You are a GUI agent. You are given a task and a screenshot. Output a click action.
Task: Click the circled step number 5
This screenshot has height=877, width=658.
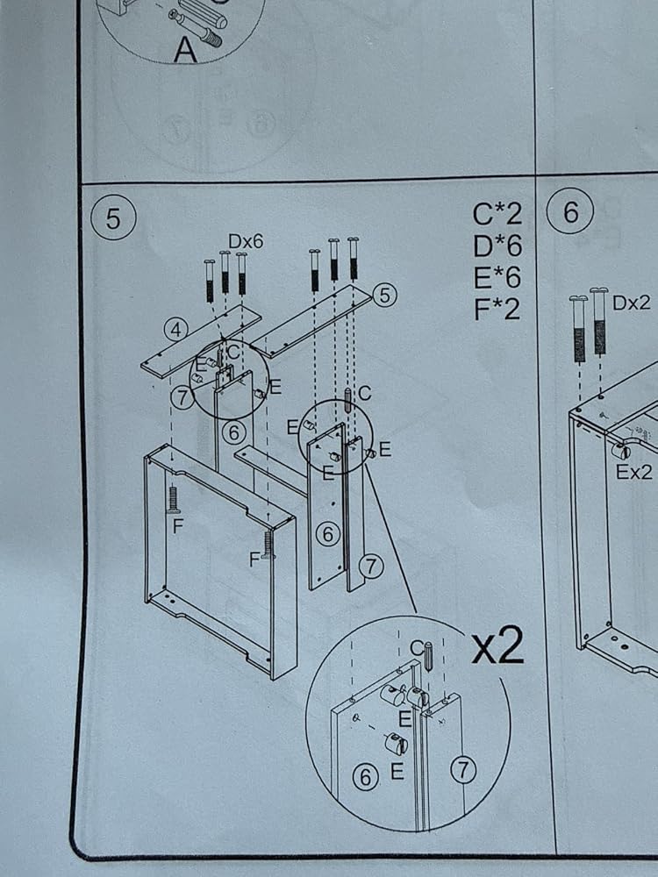pos(113,217)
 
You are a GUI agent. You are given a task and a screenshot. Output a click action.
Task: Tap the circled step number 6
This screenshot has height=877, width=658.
pos(570,210)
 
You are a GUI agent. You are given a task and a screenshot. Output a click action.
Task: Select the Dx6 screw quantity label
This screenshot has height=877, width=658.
pos(246,241)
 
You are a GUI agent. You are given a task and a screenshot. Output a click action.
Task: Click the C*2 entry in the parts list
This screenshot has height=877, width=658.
pos(497,214)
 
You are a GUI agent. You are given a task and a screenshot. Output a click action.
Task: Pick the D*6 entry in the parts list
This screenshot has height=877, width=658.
pos(497,246)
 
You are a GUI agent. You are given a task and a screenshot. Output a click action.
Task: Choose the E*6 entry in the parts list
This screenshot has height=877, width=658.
pos(497,277)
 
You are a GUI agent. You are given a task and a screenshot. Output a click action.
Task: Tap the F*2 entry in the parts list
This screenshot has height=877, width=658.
pos(497,309)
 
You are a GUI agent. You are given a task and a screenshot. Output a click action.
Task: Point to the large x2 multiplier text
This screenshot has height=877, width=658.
pos(497,645)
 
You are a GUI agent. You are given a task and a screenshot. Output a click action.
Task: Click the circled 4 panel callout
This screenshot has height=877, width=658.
pos(175,330)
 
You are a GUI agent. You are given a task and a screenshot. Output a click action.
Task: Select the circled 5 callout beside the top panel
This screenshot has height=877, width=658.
pos(384,295)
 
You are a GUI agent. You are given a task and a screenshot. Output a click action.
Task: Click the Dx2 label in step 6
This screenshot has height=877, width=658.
pos(632,303)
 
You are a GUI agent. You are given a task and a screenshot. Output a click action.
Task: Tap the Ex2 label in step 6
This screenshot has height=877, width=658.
pos(634,472)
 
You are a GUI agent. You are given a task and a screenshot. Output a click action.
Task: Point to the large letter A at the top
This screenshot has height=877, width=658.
pos(185,50)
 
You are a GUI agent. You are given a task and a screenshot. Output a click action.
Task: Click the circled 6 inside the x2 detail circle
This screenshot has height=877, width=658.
pos(365,777)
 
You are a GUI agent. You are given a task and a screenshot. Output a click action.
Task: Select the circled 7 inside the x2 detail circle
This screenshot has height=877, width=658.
pos(463,770)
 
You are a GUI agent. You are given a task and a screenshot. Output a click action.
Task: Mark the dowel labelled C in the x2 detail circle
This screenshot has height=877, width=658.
pos(428,657)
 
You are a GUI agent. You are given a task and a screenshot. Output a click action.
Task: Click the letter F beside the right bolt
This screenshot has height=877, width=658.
pos(254,559)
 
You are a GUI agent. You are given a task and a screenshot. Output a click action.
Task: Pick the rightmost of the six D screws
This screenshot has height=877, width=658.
pos(353,259)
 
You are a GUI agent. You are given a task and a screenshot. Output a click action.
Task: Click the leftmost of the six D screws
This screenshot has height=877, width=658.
pos(210,281)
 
